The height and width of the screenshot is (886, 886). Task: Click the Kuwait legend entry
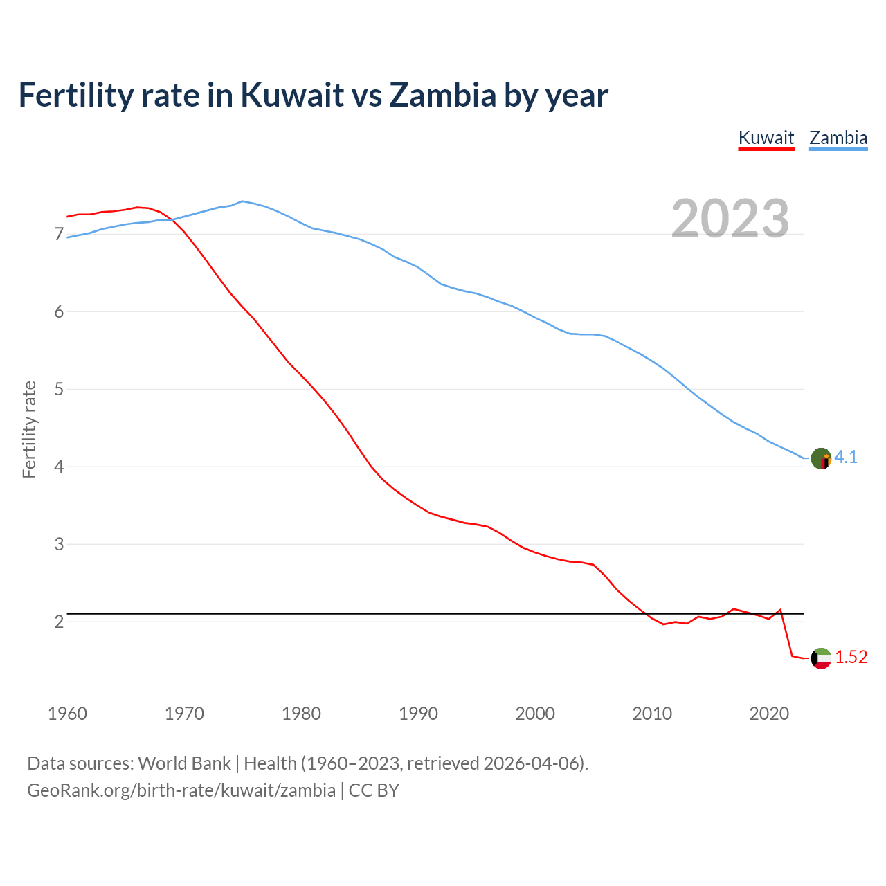tap(766, 138)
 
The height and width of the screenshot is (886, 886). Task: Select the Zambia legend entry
tap(838, 138)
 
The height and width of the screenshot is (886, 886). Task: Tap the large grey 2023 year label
tap(730, 219)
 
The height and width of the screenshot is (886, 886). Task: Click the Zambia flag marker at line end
tap(821, 458)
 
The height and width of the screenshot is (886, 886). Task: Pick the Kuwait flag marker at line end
tap(821, 658)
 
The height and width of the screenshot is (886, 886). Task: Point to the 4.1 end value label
tap(846, 458)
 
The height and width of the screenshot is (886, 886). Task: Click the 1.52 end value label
tap(851, 658)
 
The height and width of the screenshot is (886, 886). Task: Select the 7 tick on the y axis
tap(59, 235)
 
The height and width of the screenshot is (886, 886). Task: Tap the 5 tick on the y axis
tap(59, 390)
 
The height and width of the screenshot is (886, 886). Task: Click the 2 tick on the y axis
tap(59, 622)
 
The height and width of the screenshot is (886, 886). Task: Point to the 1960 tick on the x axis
tap(67, 714)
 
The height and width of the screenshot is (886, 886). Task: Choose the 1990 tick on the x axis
tap(418, 714)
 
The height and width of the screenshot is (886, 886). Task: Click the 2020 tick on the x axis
tap(769, 714)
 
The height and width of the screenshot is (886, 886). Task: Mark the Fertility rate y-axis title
tap(29, 429)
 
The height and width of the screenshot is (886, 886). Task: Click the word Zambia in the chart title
tap(442, 95)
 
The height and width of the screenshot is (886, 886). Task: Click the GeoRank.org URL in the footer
tap(181, 790)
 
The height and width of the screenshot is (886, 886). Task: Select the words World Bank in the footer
tap(184, 763)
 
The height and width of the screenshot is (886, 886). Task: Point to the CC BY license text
tap(374, 790)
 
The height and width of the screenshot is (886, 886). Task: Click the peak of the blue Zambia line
tap(242, 201)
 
